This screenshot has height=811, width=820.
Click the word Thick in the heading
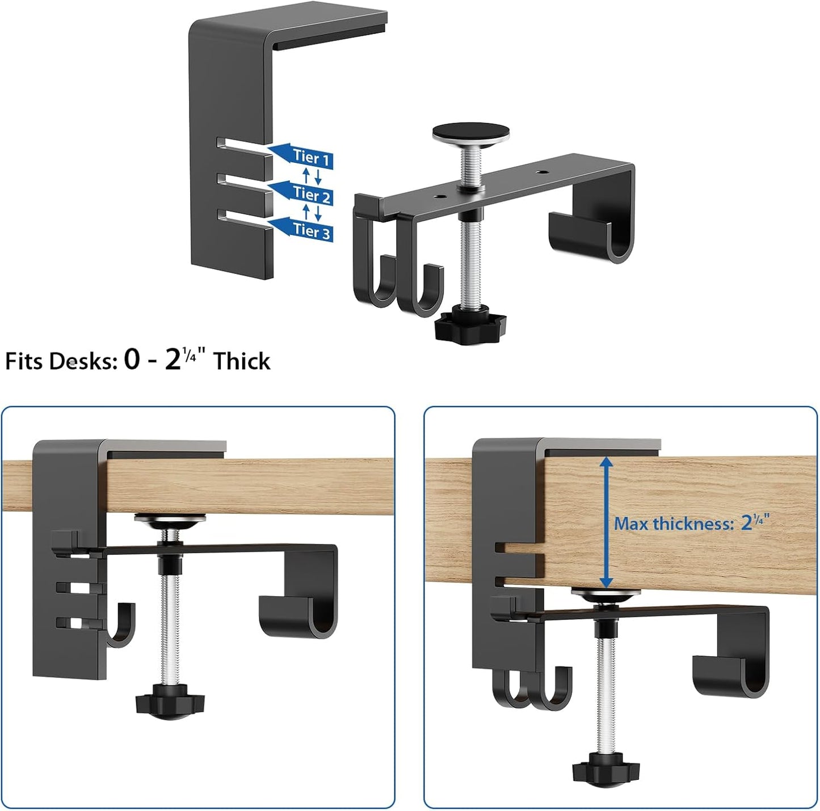[242, 361]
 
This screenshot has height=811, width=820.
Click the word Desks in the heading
[83, 361]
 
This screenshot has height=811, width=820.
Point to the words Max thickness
[674, 523]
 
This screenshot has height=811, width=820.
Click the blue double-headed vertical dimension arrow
[606, 522]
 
